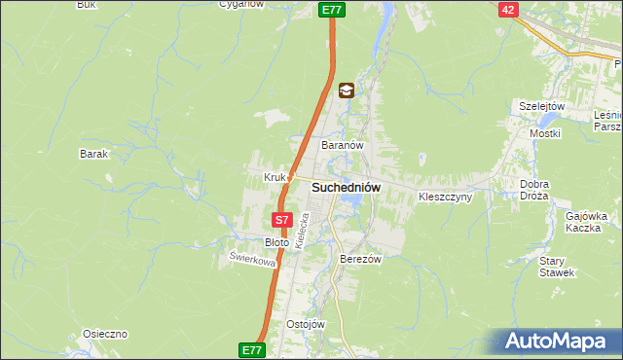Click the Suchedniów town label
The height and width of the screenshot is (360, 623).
346,187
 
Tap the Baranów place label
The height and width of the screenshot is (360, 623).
343,145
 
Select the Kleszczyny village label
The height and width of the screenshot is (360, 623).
445,197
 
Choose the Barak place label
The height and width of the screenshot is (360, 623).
93,154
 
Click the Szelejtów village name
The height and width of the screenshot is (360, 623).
542,106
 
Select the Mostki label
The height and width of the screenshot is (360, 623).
543,132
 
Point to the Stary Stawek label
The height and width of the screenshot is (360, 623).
559,267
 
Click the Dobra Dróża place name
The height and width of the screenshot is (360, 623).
534,190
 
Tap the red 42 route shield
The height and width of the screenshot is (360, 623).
508,9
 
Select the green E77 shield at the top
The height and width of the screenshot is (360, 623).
331,9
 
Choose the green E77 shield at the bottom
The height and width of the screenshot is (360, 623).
251,348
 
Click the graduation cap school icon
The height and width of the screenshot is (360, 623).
346,91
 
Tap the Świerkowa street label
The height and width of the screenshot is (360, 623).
252,260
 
